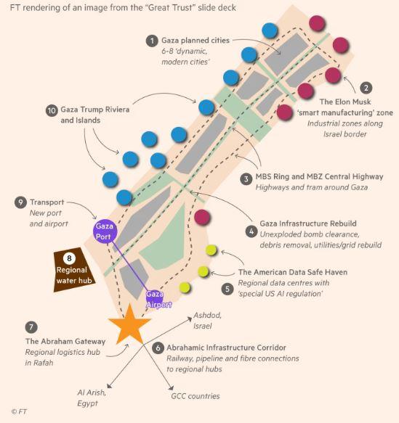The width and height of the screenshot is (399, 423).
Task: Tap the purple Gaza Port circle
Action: (105, 231)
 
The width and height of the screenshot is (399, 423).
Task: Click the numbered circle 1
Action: (152, 41)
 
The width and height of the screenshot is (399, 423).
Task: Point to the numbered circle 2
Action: (366, 88)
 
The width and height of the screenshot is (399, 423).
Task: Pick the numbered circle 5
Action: (227, 289)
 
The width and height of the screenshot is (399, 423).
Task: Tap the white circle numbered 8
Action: (69, 258)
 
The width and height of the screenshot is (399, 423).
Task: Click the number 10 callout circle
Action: (52, 110)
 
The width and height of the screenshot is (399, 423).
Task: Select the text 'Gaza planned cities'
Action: (196, 41)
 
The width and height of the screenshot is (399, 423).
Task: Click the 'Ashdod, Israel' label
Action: (207, 321)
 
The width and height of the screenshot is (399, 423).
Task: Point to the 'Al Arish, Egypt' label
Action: (92, 398)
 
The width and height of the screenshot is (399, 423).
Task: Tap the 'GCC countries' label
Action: (196, 396)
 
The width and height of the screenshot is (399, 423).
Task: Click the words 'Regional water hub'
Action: (74, 275)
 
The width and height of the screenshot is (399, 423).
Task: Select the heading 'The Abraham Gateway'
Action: (65, 341)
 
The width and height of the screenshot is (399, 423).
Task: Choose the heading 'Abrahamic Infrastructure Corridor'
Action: (226, 348)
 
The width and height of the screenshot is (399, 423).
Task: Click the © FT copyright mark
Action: (19, 411)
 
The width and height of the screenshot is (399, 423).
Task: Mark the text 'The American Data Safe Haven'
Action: (293, 272)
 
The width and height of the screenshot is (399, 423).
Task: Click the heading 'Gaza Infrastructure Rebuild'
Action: (308, 223)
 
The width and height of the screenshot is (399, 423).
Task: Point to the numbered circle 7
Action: (31, 327)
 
